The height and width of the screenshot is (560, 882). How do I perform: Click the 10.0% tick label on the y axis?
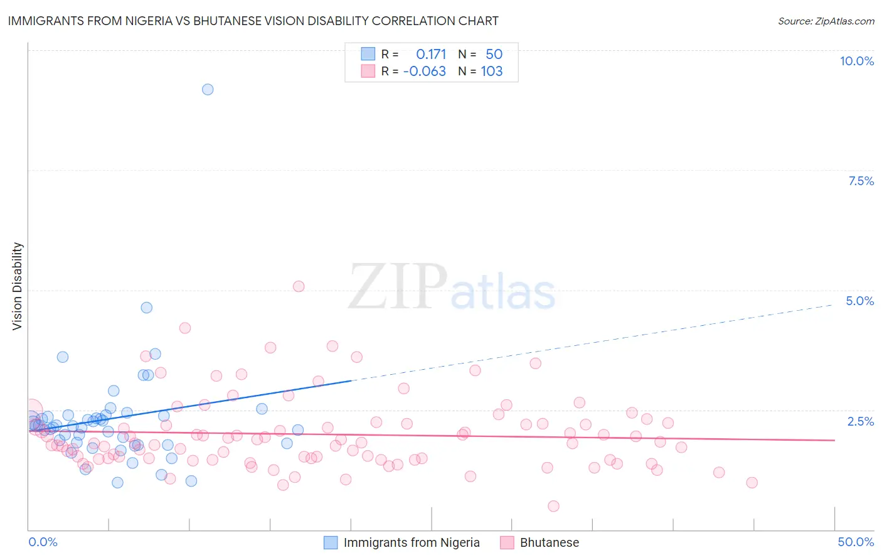click(x=856, y=62)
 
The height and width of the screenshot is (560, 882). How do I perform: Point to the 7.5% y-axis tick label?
click(x=861, y=181)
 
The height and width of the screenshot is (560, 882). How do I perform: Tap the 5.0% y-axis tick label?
click(x=859, y=301)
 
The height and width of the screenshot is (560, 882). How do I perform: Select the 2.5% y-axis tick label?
click(x=860, y=422)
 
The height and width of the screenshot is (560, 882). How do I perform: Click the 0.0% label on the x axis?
click(x=43, y=542)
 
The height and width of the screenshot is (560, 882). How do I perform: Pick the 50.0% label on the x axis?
click(x=856, y=542)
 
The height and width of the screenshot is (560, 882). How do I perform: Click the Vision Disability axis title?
click(x=18, y=286)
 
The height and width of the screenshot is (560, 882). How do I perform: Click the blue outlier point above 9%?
click(x=208, y=90)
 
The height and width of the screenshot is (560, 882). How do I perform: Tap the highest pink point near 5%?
click(x=299, y=286)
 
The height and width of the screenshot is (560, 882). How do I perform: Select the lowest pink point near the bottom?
click(x=553, y=506)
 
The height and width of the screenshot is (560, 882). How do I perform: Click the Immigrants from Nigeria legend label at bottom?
click(x=412, y=543)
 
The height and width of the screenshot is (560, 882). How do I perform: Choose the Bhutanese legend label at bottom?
click(x=550, y=543)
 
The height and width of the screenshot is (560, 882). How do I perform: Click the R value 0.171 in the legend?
click(x=431, y=55)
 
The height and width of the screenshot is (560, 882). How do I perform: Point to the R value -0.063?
click(x=425, y=72)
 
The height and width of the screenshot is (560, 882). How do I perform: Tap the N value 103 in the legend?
click(x=492, y=72)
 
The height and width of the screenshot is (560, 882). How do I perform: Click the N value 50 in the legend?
click(x=494, y=55)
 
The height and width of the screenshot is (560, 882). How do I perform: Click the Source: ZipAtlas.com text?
click(x=826, y=21)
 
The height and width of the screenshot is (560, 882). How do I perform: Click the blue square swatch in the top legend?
click(x=368, y=54)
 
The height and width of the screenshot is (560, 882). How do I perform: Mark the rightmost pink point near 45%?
click(x=752, y=483)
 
